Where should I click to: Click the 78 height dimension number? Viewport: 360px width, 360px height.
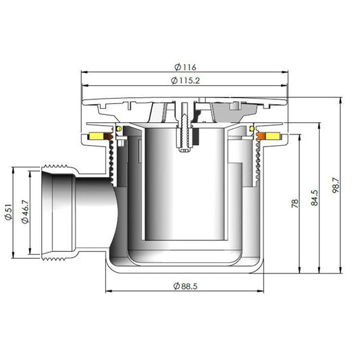(294, 203)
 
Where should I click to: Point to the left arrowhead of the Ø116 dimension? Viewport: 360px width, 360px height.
(83, 73)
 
